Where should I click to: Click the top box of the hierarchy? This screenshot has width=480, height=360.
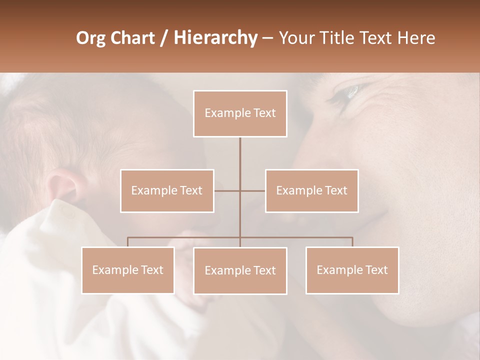[x=240, y=113]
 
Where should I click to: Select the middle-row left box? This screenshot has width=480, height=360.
[x=167, y=190]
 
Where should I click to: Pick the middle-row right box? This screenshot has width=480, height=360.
[x=311, y=190]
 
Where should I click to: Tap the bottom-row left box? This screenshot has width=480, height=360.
[x=127, y=270]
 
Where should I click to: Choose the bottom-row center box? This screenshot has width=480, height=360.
[x=240, y=270]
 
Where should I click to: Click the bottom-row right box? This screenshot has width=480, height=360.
[x=352, y=270]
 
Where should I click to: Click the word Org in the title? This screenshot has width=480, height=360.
[x=91, y=38]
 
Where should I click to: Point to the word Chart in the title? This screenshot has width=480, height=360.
[x=132, y=38]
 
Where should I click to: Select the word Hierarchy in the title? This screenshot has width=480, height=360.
[x=215, y=38]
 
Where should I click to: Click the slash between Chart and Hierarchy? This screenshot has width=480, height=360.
[x=164, y=38]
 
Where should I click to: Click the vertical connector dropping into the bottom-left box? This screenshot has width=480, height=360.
[x=127, y=242]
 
